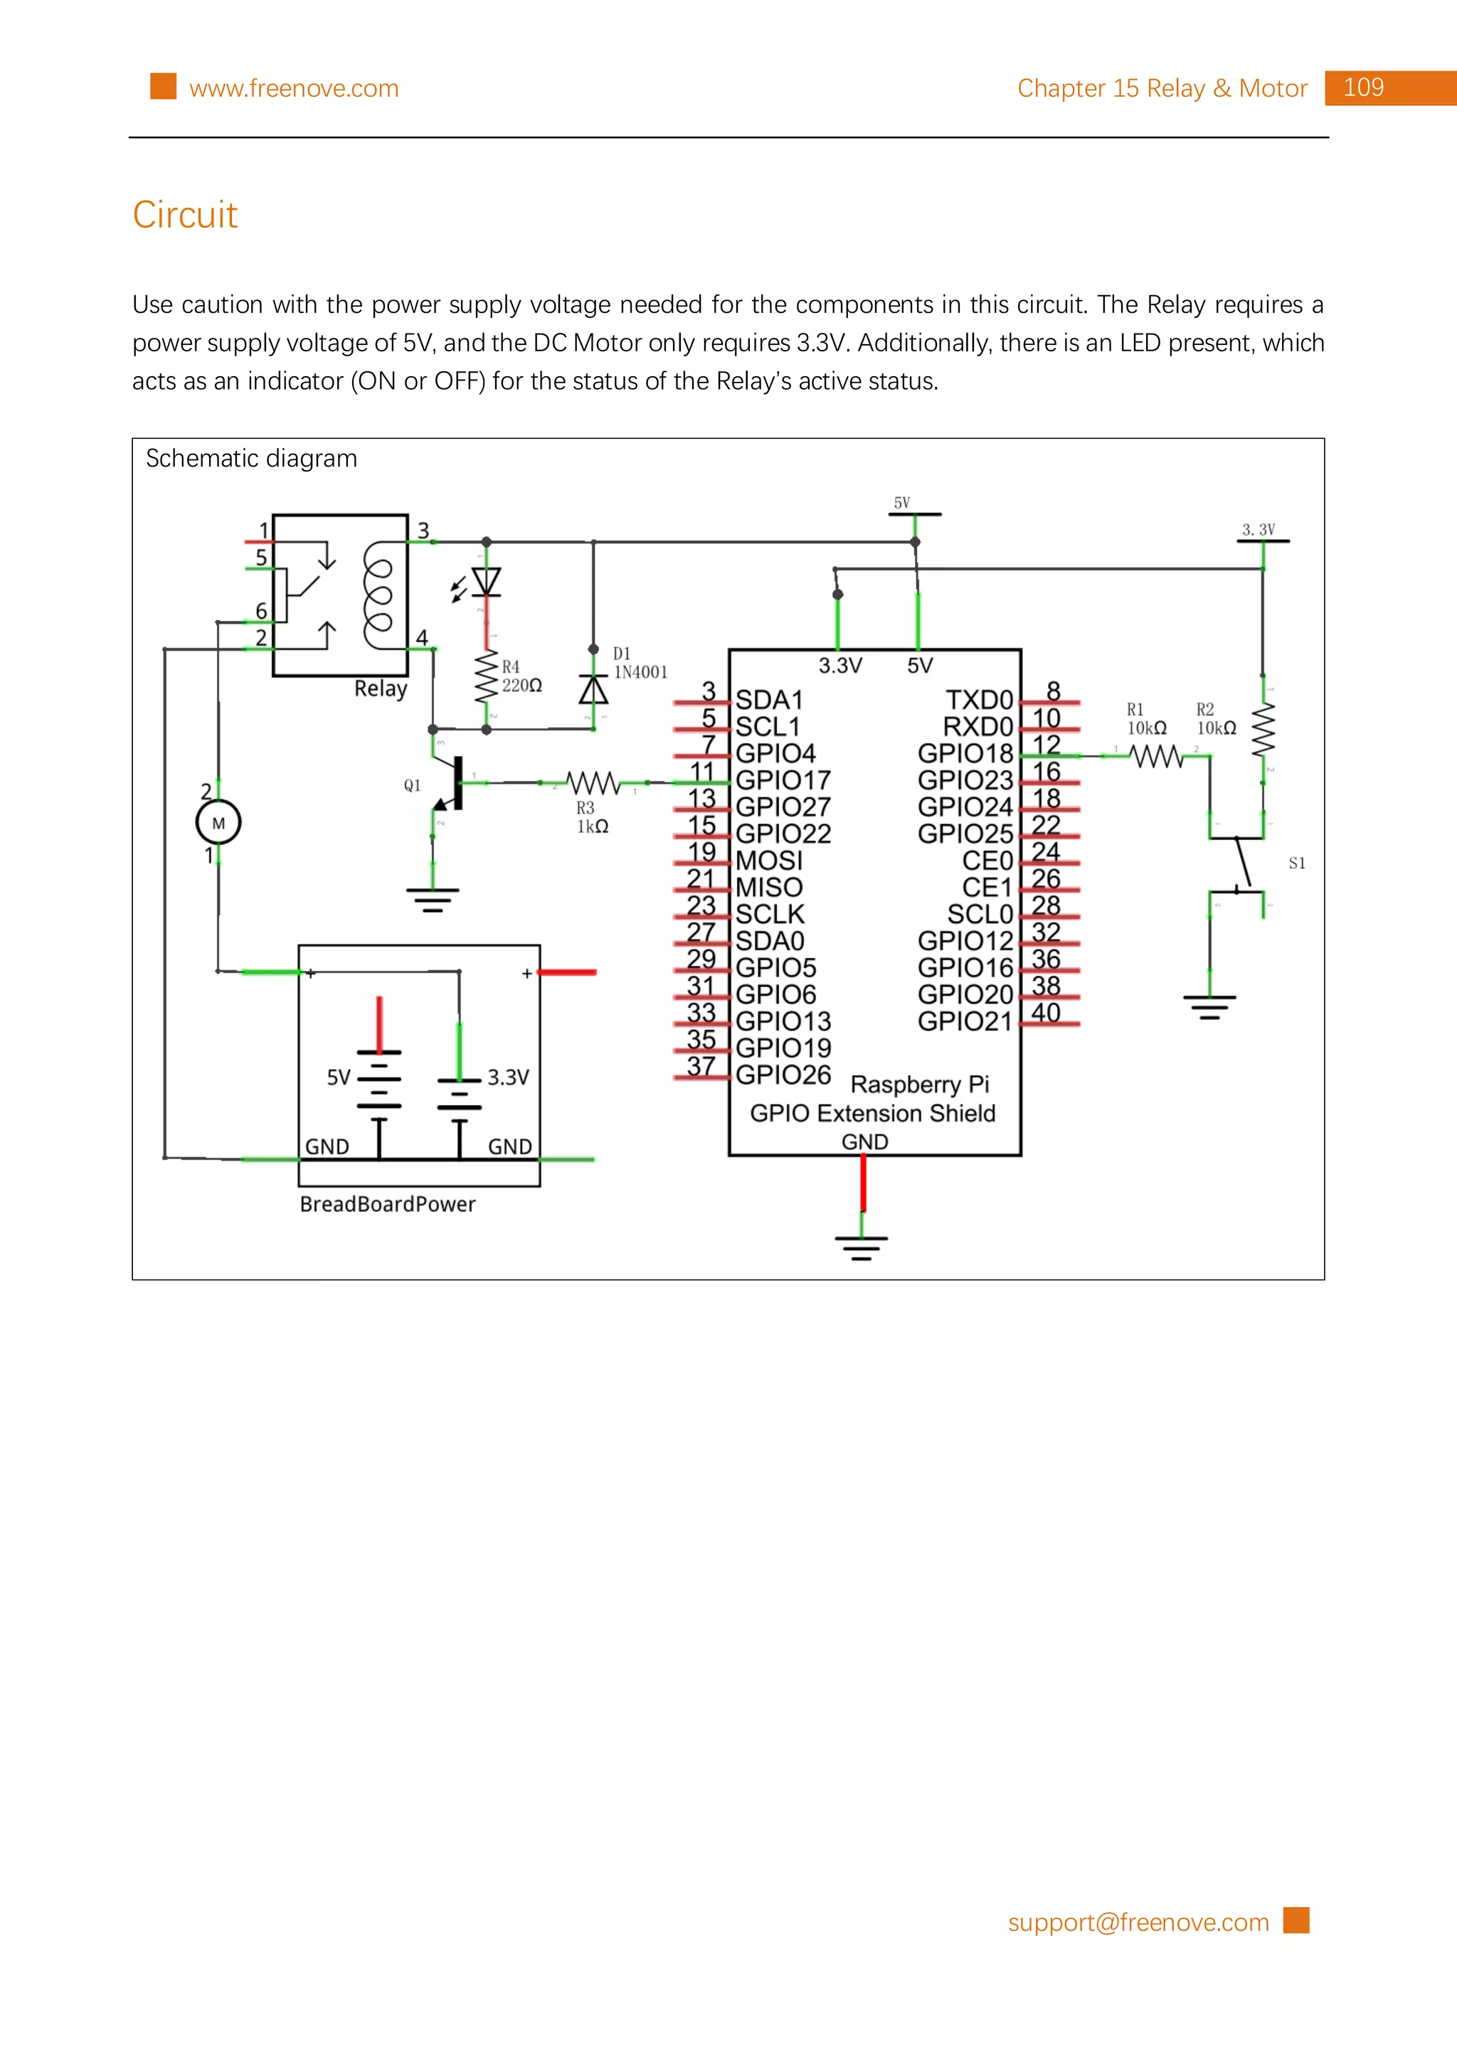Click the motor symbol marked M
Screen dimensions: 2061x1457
218,822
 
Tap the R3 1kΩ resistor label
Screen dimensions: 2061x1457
592,817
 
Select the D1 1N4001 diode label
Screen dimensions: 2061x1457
639,664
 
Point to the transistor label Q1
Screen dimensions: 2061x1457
412,785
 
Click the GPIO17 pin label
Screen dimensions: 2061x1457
782,780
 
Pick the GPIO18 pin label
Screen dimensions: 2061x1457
965,753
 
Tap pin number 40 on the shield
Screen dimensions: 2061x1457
1045,1013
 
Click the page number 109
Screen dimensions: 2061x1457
1363,88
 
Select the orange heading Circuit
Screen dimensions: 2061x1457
185,215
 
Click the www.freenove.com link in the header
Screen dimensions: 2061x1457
294,89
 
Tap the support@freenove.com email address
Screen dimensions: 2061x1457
1138,1922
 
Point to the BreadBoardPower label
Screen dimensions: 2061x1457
387,1204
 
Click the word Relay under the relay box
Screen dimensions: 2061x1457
381,688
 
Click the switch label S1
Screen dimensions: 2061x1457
1296,863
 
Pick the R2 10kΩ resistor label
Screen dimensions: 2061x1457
1216,719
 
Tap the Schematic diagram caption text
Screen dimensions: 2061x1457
251,459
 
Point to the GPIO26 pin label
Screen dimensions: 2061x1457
782,1075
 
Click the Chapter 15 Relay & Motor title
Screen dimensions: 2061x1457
1162,89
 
